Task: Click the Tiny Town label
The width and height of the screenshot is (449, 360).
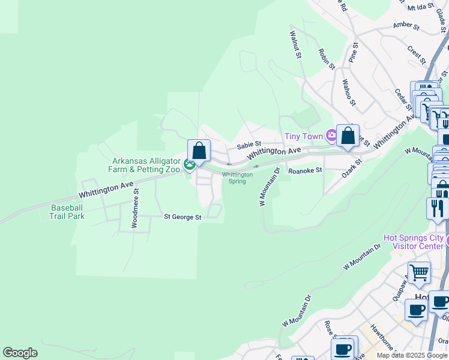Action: pos(301,136)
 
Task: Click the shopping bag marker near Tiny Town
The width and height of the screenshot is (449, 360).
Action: pos(348,136)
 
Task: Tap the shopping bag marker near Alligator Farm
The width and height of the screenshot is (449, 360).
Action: pos(199,151)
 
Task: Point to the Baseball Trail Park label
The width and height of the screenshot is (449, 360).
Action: pos(67,212)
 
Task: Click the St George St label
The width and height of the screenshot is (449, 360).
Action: pos(182,217)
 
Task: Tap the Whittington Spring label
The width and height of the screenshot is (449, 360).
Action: pos(238,178)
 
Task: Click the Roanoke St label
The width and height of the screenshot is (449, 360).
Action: pos(306,170)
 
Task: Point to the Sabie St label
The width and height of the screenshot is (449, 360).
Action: pos(249,145)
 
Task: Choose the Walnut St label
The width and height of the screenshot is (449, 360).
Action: pos(295,45)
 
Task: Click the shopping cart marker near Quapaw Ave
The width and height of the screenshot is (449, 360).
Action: pos(418,273)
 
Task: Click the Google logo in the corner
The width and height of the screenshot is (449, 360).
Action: pos(20,353)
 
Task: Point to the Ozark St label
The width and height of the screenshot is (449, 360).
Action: pos(352,163)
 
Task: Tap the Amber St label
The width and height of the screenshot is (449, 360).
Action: pos(405,25)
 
